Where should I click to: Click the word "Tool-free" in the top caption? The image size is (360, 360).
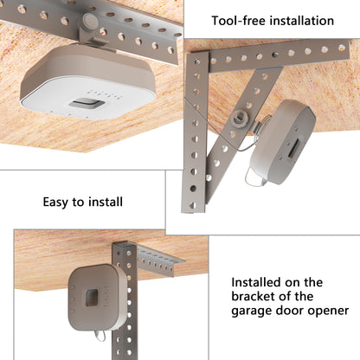click(239, 20)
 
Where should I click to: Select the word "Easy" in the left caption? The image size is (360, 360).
click(59, 202)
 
